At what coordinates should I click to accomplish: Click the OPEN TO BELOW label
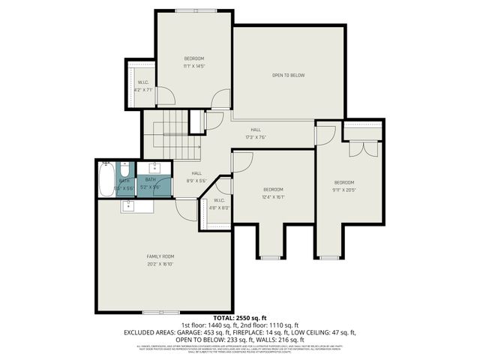coord(288,75)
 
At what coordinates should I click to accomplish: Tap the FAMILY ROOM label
coord(160,256)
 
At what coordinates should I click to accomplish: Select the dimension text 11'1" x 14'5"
coord(193,67)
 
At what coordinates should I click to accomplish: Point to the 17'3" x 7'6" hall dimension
coord(256,137)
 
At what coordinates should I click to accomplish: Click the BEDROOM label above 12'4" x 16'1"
coord(273,189)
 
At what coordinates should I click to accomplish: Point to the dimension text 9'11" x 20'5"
coord(343,190)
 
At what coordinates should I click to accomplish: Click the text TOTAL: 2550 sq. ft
coord(239,318)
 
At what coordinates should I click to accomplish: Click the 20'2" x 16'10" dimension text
coord(160,264)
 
